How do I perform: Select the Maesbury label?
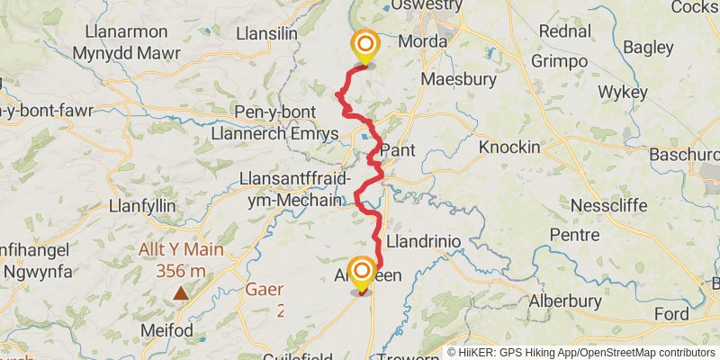459,80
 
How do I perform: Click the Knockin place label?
509,146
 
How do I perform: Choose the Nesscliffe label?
608,204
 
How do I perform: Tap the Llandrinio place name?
423,242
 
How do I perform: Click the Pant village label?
398,150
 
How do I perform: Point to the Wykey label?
623,92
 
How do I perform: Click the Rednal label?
564,31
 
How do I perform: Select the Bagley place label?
647,47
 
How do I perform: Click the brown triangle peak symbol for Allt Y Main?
182,292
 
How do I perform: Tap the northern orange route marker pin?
365,45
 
